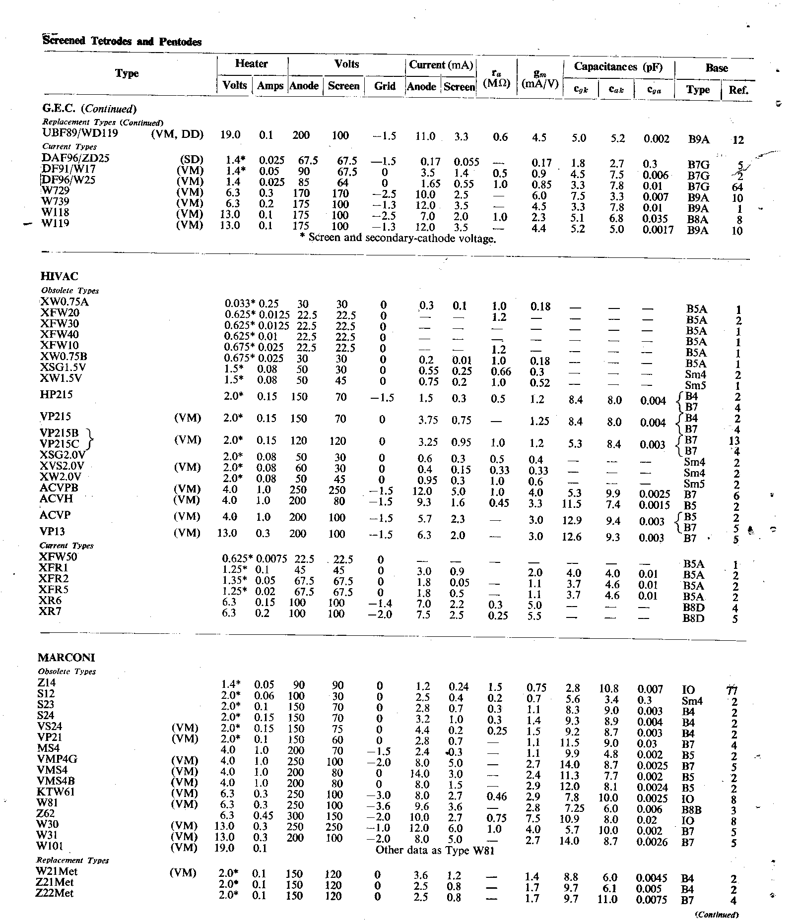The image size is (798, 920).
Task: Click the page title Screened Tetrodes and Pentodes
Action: tap(122, 42)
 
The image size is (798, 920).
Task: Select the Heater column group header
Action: tap(252, 64)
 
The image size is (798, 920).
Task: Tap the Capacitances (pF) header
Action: tap(618, 67)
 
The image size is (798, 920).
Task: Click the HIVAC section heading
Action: tap(60, 276)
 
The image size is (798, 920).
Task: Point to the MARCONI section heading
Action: tap(66, 658)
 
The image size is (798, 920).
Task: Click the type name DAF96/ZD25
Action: tap(76, 158)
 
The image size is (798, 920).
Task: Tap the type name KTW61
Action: tap(56, 792)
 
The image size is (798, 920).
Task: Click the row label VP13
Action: tap(53, 532)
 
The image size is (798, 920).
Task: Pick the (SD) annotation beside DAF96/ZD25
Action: tap(193, 160)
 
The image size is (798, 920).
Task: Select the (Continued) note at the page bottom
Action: tap(718, 915)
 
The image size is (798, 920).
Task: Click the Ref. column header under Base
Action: tap(738, 90)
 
